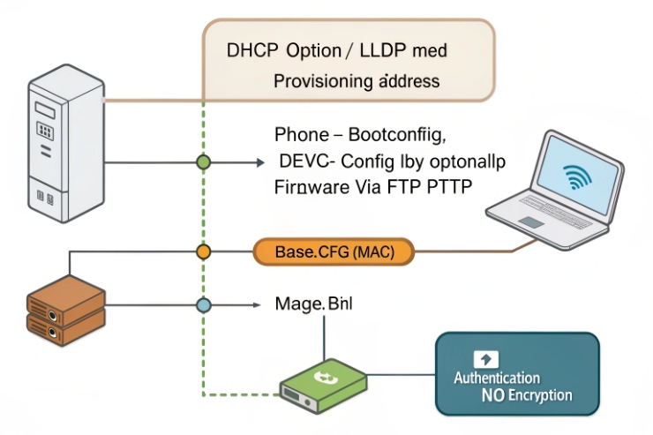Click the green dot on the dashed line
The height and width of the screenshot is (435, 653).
tap(204, 162)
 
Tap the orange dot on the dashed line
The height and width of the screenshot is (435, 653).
tap(204, 252)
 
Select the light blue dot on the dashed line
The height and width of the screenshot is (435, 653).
tap(204, 305)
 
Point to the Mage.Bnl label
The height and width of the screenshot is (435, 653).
tap(313, 304)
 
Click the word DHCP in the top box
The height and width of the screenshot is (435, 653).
tap(253, 51)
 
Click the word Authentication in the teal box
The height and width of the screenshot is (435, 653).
tap(497, 378)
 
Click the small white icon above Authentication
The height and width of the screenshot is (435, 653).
tap(486, 359)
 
